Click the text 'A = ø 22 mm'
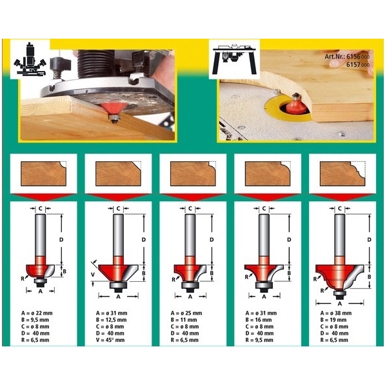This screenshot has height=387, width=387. (37, 313)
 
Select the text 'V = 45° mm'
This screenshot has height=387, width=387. (110, 340)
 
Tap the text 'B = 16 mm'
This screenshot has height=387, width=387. (259, 320)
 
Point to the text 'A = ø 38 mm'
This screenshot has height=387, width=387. (336, 313)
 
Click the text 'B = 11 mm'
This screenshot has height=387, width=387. (184, 320)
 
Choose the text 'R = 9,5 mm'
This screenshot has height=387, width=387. (259, 340)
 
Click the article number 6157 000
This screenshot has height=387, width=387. (358, 64)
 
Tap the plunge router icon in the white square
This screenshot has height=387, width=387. (30, 59)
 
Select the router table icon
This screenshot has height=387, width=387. (234, 59)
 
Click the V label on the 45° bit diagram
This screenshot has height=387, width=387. (93, 275)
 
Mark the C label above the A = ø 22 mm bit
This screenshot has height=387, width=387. (41, 209)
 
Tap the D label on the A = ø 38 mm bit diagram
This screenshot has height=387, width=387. (369, 240)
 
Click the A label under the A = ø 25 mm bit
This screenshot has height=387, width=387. (190, 297)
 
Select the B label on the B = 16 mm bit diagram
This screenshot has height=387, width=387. (289, 273)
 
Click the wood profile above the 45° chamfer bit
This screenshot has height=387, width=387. (118, 174)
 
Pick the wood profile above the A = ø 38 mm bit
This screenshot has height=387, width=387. (342, 174)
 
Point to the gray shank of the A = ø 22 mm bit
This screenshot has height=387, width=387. (41, 235)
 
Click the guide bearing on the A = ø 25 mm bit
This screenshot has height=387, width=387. (190, 285)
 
